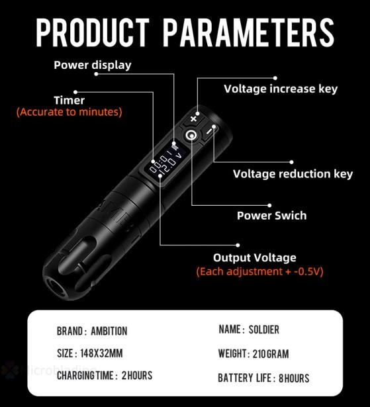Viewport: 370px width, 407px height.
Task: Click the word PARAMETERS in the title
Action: coord(248,30)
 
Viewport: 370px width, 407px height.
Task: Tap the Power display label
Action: coord(92,65)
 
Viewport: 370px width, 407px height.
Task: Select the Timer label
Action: coord(69,101)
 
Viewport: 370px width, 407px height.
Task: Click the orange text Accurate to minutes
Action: coord(69,113)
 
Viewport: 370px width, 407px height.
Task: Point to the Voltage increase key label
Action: coord(280,89)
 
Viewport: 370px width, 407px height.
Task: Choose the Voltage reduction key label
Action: coord(293,174)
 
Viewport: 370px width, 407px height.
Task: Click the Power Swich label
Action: coord(271,216)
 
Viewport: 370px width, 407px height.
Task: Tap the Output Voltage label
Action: coord(254,258)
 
